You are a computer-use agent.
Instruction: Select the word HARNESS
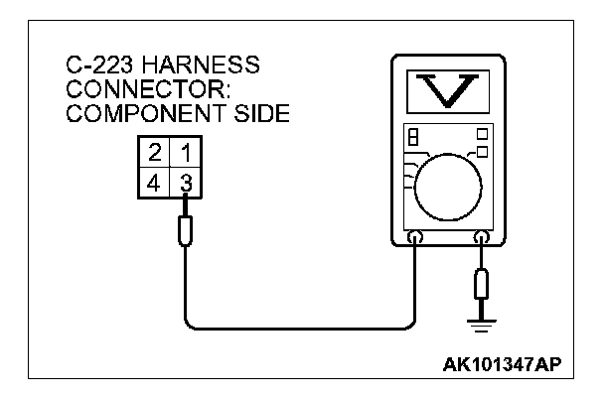point(200,66)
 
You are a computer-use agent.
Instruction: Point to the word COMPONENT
point(128,114)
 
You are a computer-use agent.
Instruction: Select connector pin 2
point(154,154)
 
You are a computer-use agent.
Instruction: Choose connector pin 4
point(154,184)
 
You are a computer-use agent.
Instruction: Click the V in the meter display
point(444,90)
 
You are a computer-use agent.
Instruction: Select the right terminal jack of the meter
point(484,239)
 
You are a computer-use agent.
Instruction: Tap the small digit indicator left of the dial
point(411,137)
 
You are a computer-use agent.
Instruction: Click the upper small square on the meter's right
point(483,133)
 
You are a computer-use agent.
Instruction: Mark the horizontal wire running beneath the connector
point(298,328)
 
